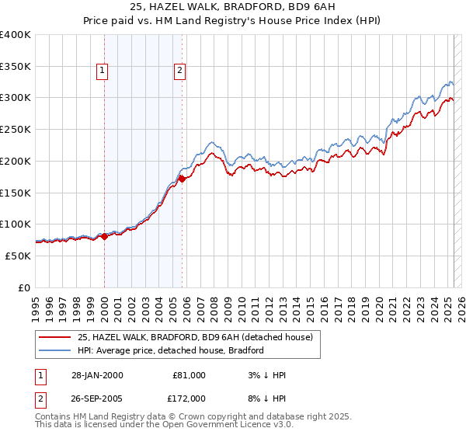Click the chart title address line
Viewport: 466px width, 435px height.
coord(233,8)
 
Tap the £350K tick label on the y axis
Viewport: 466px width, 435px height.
coord(16,67)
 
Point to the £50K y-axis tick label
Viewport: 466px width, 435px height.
coord(18,256)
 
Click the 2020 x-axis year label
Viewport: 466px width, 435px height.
coord(379,306)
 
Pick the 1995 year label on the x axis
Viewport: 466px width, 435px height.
coord(36,306)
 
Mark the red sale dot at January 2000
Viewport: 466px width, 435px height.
coord(104,236)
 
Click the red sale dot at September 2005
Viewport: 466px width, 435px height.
coord(182,179)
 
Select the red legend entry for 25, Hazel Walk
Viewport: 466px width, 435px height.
coord(195,337)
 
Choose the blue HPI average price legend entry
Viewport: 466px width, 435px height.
coord(171,350)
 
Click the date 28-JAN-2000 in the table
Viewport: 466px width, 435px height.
coord(97,375)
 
